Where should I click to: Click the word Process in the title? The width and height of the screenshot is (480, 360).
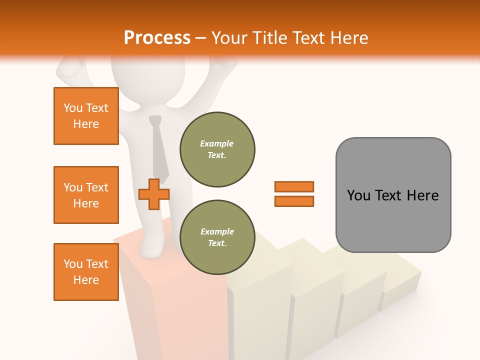coord(157,38)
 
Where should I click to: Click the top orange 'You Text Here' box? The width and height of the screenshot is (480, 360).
coord(86,116)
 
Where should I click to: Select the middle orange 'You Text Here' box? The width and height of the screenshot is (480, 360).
coord(86,195)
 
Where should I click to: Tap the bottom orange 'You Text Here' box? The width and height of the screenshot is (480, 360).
coord(86,272)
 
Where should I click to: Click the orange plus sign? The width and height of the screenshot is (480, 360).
coord(154,194)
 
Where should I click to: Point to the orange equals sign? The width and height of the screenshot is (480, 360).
coord(294,194)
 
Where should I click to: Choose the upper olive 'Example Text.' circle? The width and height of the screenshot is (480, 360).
coord(217,149)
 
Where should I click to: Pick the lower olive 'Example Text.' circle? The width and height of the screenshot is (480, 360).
coord(217,237)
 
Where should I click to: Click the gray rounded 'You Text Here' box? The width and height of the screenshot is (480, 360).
coord(393,195)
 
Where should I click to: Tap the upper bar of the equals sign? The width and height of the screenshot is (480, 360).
coord(294,187)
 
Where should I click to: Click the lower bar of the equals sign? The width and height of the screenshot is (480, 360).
coord(294,201)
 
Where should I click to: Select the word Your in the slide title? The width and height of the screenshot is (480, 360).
coord(229,38)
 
